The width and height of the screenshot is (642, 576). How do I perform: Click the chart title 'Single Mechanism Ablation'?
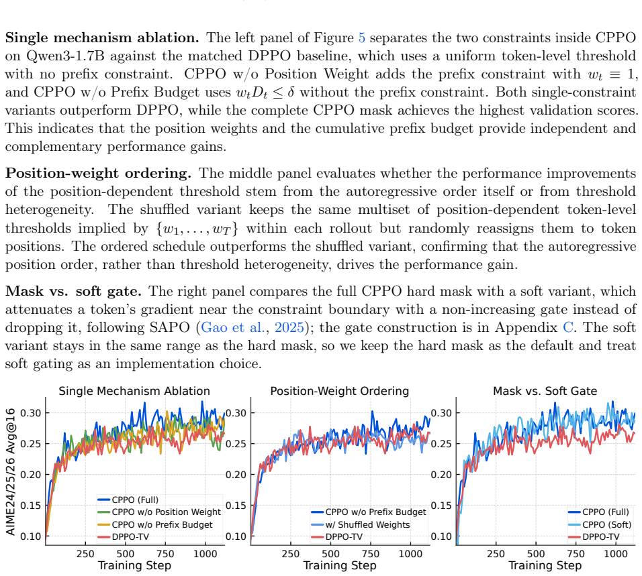[x=134, y=391]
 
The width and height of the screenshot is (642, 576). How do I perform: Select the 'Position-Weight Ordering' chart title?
[x=339, y=391]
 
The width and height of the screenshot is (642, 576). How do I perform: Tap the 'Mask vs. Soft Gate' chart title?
[x=545, y=391]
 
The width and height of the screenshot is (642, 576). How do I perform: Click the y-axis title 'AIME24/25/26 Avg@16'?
[x=11, y=471]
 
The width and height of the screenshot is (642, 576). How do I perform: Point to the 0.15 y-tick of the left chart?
[x=31, y=506]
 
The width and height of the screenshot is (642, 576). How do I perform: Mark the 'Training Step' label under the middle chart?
[x=339, y=566]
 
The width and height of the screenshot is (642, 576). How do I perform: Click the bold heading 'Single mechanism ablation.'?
[x=102, y=38]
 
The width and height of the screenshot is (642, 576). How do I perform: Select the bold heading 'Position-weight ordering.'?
[x=98, y=173]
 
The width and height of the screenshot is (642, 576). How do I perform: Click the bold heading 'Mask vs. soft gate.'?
[x=73, y=291]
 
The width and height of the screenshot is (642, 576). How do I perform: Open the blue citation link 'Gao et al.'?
[x=232, y=327]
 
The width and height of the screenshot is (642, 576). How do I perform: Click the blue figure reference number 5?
[x=361, y=38]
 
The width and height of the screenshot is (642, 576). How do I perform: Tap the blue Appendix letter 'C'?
[x=568, y=327]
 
